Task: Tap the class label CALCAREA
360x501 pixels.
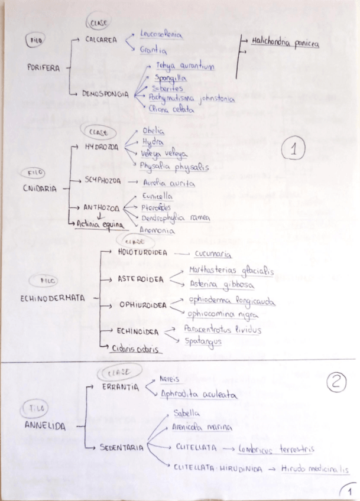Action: (x=100, y=40)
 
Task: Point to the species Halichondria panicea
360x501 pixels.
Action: (x=285, y=41)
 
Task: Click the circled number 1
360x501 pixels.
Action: (x=293, y=151)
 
